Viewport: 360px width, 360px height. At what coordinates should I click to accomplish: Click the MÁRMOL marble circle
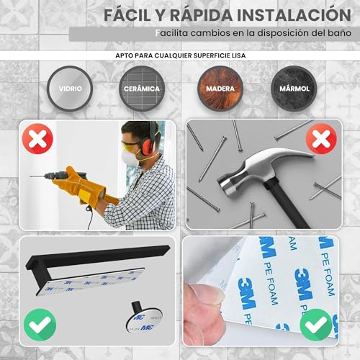(x=292, y=90)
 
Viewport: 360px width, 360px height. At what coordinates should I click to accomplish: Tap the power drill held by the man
(x=54, y=175)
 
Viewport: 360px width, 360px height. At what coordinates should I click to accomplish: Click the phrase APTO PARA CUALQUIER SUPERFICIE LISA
(x=180, y=53)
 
